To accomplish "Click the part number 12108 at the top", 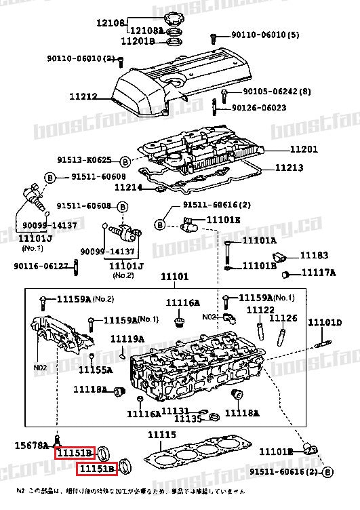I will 111,22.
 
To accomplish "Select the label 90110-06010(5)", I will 256,35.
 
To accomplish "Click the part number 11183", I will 314,256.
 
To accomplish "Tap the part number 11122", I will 260,309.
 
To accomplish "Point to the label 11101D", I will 325,322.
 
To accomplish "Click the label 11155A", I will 95,370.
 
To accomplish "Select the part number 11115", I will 163,435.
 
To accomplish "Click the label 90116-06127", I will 43,265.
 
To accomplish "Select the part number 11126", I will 283,317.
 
